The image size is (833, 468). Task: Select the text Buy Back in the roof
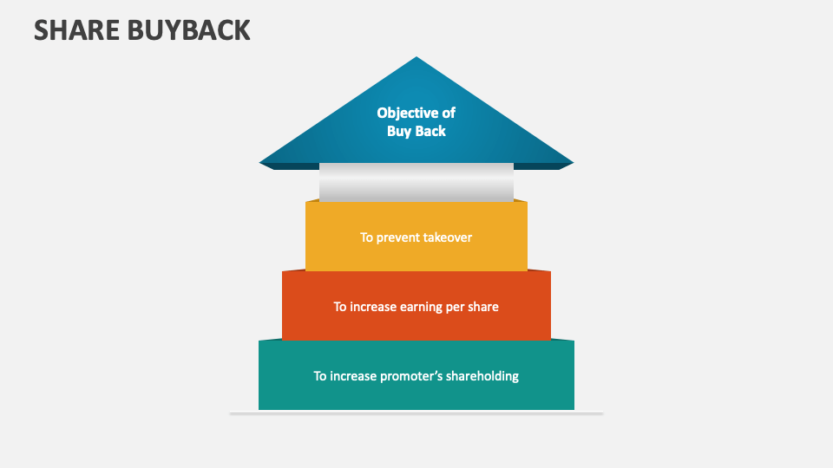click(416, 131)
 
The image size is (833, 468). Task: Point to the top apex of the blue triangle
click(416, 58)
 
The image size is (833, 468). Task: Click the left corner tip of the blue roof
click(261, 162)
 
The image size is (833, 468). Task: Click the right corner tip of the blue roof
click(572, 162)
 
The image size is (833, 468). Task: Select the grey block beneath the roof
click(416, 183)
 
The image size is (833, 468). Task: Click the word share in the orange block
click(482, 307)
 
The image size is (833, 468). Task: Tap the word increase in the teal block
click(355, 376)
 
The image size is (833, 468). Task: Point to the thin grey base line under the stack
click(416, 413)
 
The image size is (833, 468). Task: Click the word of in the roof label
click(448, 113)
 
